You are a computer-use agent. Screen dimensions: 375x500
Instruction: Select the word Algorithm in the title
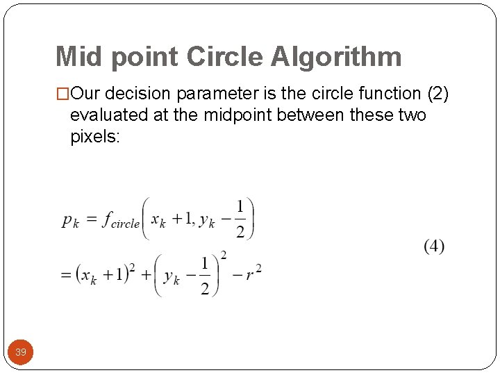pyautogui.click(x=336, y=57)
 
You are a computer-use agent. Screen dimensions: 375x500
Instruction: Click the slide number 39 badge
pyautogui.click(x=21, y=352)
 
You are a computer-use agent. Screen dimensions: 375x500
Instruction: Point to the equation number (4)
pyautogui.click(x=434, y=246)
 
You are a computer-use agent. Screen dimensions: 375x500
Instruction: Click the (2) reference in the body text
pyautogui.click(x=437, y=93)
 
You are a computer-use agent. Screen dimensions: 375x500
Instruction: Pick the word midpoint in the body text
pyautogui.click(x=240, y=115)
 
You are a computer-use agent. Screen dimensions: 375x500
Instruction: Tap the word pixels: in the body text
pyautogui.click(x=95, y=137)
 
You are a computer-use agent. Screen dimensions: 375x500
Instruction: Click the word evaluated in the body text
pyautogui.click(x=110, y=115)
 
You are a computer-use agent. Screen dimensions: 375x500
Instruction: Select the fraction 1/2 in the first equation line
pyautogui.click(x=240, y=219)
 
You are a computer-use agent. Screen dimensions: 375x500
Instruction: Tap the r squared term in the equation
pyautogui.click(x=253, y=273)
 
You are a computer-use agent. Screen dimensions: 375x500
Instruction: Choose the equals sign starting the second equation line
pyautogui.click(x=66, y=275)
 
